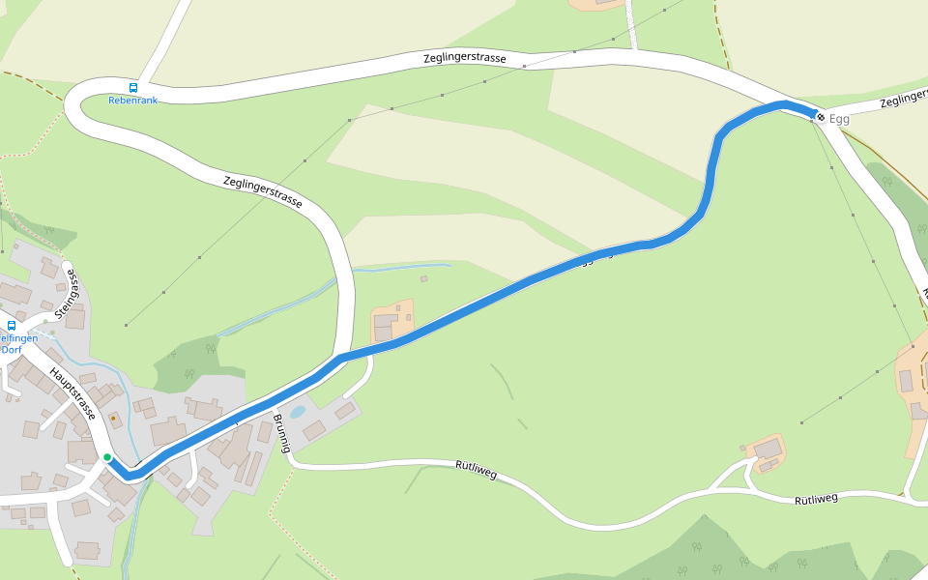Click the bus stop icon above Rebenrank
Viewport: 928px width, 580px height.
tap(133, 87)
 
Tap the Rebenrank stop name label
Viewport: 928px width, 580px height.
tap(132, 100)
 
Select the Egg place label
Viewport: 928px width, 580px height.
tap(839, 119)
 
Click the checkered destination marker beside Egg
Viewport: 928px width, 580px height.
tap(821, 118)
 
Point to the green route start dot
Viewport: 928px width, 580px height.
tap(107, 456)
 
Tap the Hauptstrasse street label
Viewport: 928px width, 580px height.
tap(73, 394)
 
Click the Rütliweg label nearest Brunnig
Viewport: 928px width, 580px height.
tap(476, 471)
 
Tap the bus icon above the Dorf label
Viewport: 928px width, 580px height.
tap(12, 326)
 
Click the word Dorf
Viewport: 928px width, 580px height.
tap(11, 350)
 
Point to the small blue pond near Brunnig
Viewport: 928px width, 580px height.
tap(298, 412)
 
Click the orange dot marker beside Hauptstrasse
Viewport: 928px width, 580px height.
tap(114, 420)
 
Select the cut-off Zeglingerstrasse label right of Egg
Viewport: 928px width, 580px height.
tap(903, 100)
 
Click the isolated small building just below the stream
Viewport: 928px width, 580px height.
tap(423, 279)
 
